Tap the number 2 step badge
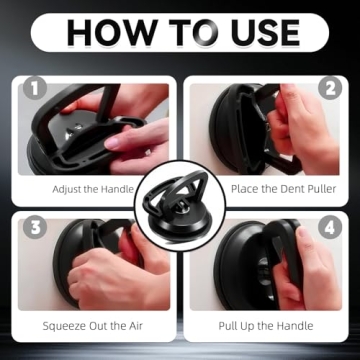click(x=329, y=88)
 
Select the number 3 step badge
click(x=36, y=226)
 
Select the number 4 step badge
click(x=329, y=226)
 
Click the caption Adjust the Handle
click(x=89, y=188)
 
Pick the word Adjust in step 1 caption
click(x=67, y=188)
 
